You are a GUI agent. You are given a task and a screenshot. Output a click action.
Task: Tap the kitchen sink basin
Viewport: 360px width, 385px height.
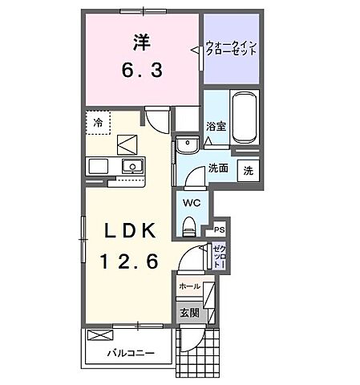pos(131,166)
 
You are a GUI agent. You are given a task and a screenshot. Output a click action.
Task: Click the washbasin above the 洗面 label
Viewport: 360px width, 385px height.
pos(188,145)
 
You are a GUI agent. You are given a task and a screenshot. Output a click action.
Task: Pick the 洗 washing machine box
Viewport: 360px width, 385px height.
pos(249,170)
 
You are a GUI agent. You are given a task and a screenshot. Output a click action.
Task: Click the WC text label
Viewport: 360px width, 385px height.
pos(190,203)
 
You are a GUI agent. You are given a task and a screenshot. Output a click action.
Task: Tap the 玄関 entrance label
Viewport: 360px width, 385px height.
pos(188,313)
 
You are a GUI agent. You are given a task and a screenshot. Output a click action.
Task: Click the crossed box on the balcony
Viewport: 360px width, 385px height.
pos(98,336)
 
